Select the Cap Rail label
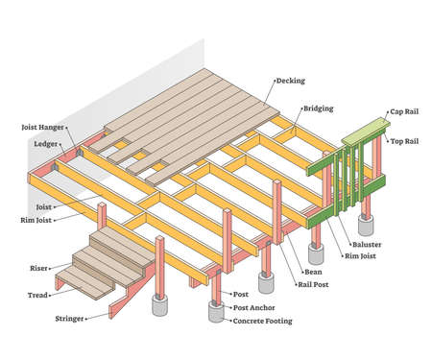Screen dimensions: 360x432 point(403,111)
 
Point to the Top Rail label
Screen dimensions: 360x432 point(403,141)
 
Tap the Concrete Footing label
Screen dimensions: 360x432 point(266,321)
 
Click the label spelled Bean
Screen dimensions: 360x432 point(315,272)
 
